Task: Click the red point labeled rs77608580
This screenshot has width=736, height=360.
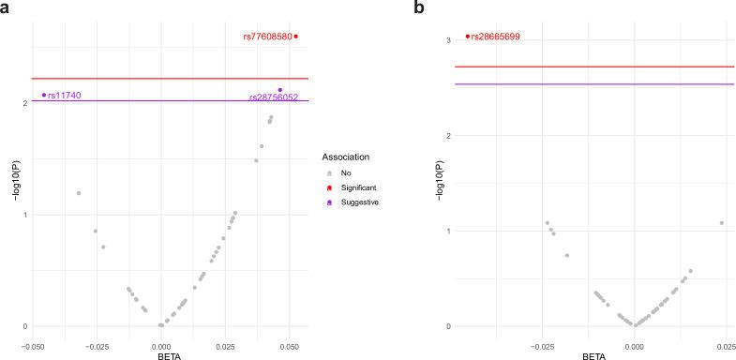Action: (296, 37)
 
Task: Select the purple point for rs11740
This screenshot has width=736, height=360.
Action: (44, 95)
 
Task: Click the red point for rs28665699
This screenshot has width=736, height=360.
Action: (468, 37)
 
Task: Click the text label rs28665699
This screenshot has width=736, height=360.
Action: (497, 37)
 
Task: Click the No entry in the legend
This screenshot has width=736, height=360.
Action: (346, 172)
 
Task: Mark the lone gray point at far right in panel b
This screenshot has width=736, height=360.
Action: (721, 223)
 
